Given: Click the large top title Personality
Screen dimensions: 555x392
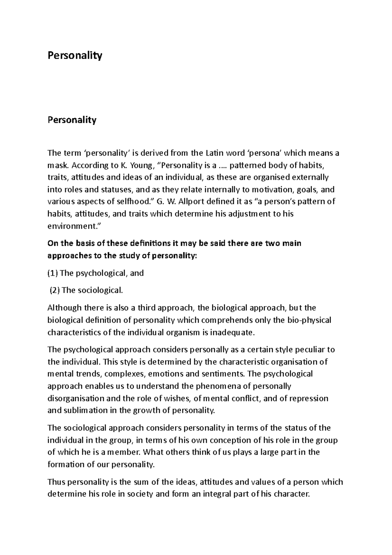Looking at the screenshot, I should (x=75, y=56).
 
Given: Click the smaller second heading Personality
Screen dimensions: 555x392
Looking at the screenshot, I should (x=72, y=120).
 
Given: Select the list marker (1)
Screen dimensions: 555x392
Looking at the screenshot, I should (x=53, y=273).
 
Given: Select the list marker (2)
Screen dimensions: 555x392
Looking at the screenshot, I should (x=55, y=290).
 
